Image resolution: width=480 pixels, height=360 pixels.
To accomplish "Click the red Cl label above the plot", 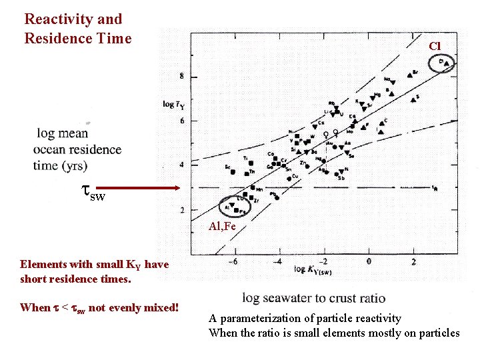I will (x=435, y=46).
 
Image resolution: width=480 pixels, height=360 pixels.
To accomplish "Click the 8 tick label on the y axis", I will (x=184, y=77).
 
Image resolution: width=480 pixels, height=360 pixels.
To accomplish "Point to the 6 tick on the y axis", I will (x=184, y=121).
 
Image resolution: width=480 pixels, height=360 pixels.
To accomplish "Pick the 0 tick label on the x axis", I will (x=369, y=261).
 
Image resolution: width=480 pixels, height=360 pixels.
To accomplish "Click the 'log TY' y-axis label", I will (x=173, y=105).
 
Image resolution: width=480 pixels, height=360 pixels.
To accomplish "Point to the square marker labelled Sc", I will (x=233, y=171).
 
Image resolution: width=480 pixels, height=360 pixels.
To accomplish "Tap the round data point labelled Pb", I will (x=277, y=197).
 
